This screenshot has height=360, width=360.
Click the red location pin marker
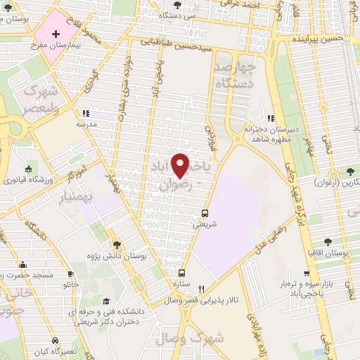[181, 166]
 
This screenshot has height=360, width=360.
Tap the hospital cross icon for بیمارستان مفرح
[56, 33]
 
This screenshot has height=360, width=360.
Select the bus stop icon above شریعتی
[205, 213]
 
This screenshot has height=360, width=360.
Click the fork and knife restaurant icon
[202, 288]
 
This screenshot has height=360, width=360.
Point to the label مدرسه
[86, 123]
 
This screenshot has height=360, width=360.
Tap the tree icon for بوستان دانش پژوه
[117, 244]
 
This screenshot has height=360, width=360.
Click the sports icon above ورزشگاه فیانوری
[28, 169]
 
